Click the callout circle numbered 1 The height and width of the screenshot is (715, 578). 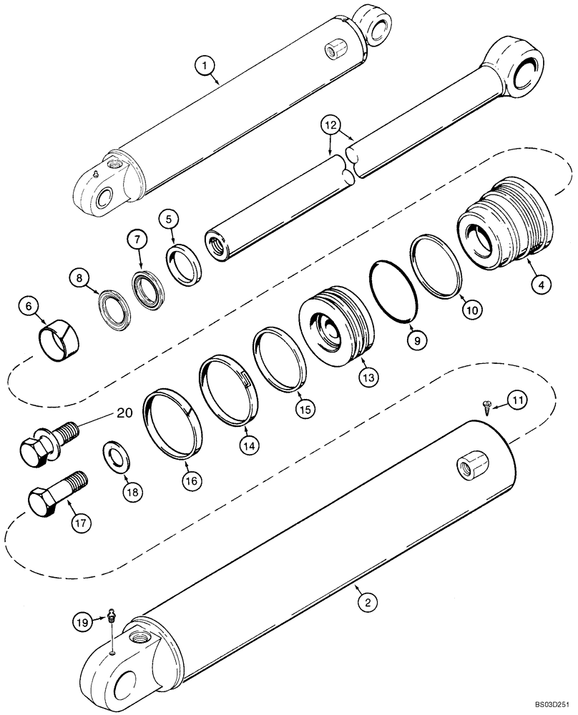tap(205, 66)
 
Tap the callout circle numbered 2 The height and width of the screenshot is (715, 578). tap(366, 603)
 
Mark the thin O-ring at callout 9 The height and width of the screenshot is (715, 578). tap(393, 290)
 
